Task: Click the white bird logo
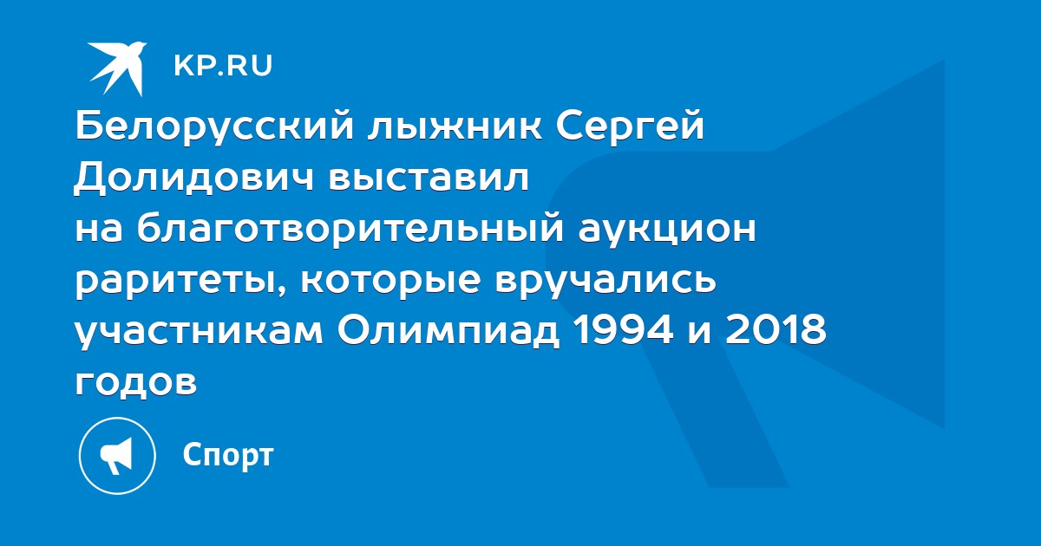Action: tap(117, 68)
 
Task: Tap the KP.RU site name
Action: tap(223, 66)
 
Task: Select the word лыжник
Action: tap(455, 127)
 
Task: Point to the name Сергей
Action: tap(630, 127)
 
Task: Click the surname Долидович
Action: tap(193, 178)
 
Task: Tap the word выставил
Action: tap(428, 178)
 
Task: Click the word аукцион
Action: tap(667, 230)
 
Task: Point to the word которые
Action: tap(390, 281)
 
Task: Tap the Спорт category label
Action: tap(227, 455)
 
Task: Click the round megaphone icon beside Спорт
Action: tap(117, 456)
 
